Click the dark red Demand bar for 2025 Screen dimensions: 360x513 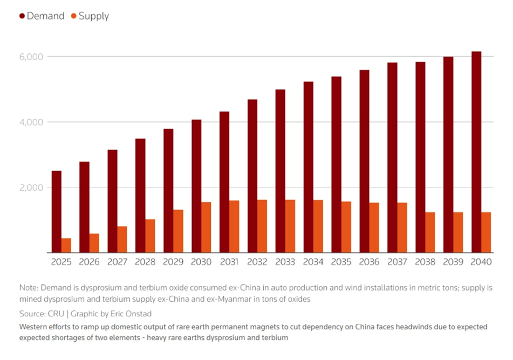(x=56, y=212)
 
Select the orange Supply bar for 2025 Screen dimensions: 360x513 (x=66, y=245)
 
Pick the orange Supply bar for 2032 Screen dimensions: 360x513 (x=262, y=226)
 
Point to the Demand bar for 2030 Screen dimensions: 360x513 (x=196, y=186)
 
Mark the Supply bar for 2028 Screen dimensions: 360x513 (x=150, y=236)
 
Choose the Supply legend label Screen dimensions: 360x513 (x=93, y=16)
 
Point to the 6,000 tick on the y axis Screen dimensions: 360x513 (x=32, y=57)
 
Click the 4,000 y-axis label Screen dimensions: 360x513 (x=32, y=122)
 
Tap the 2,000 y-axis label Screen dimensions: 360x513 (x=32, y=187)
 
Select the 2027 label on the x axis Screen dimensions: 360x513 (x=117, y=262)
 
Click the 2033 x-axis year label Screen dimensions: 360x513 (x=285, y=262)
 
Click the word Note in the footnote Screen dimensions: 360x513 (x=28, y=288)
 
